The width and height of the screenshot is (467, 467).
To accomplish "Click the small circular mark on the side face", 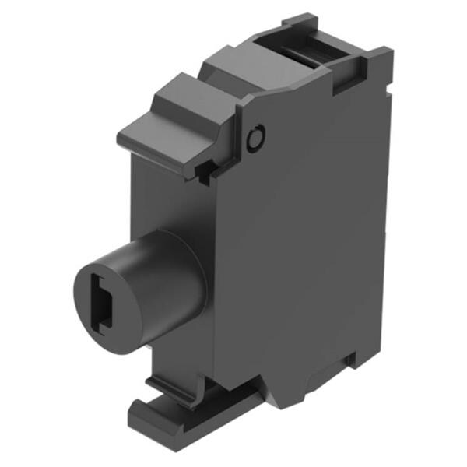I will [x=254, y=140].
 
